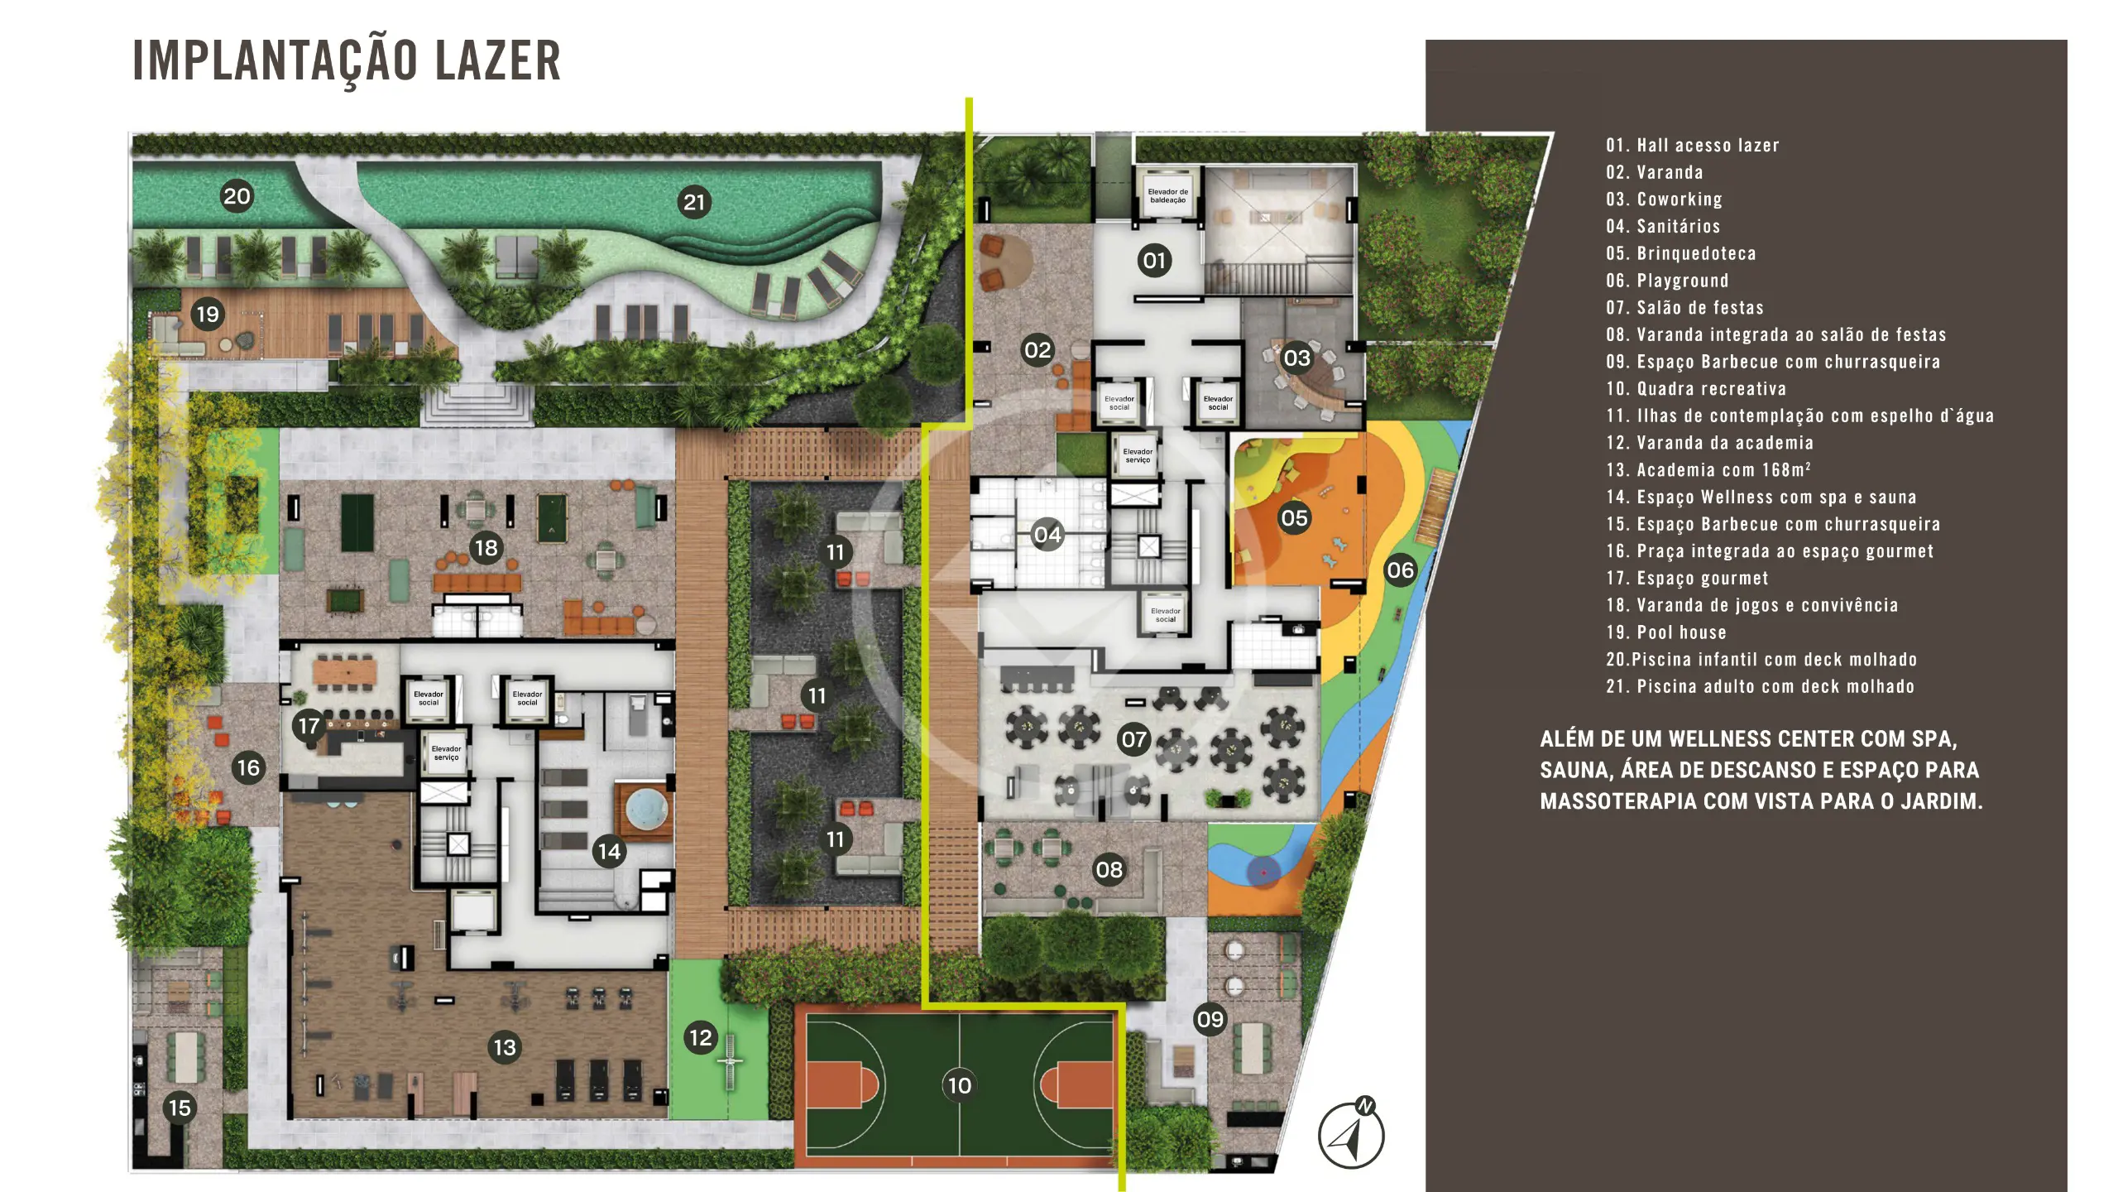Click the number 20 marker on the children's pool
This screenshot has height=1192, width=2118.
click(x=237, y=196)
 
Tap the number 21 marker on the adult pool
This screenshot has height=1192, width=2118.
click(x=694, y=202)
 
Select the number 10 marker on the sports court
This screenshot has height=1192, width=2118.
click(x=959, y=1085)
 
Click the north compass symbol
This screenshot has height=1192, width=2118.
click(x=1351, y=1133)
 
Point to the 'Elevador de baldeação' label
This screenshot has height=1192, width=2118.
click(x=1167, y=195)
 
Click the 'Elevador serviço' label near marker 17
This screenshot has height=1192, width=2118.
click(x=446, y=752)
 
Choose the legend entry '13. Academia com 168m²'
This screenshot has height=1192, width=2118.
click(x=1708, y=469)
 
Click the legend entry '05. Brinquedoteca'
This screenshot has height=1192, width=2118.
click(x=1681, y=253)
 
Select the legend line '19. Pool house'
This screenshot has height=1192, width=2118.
click(x=1666, y=632)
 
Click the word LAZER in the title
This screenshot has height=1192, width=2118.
click(x=498, y=60)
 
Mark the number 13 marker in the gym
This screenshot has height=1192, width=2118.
click(x=505, y=1047)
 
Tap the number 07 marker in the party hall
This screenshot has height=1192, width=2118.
click(x=1133, y=738)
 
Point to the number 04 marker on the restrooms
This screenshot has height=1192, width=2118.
click(x=1047, y=534)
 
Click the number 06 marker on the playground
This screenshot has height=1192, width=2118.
click(x=1400, y=570)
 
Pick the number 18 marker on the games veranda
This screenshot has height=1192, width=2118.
click(x=486, y=547)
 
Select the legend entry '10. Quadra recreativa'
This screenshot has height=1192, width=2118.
click(x=1696, y=388)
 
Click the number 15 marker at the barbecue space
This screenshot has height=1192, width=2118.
click(x=180, y=1108)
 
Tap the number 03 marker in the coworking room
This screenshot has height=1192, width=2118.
click(x=1296, y=358)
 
